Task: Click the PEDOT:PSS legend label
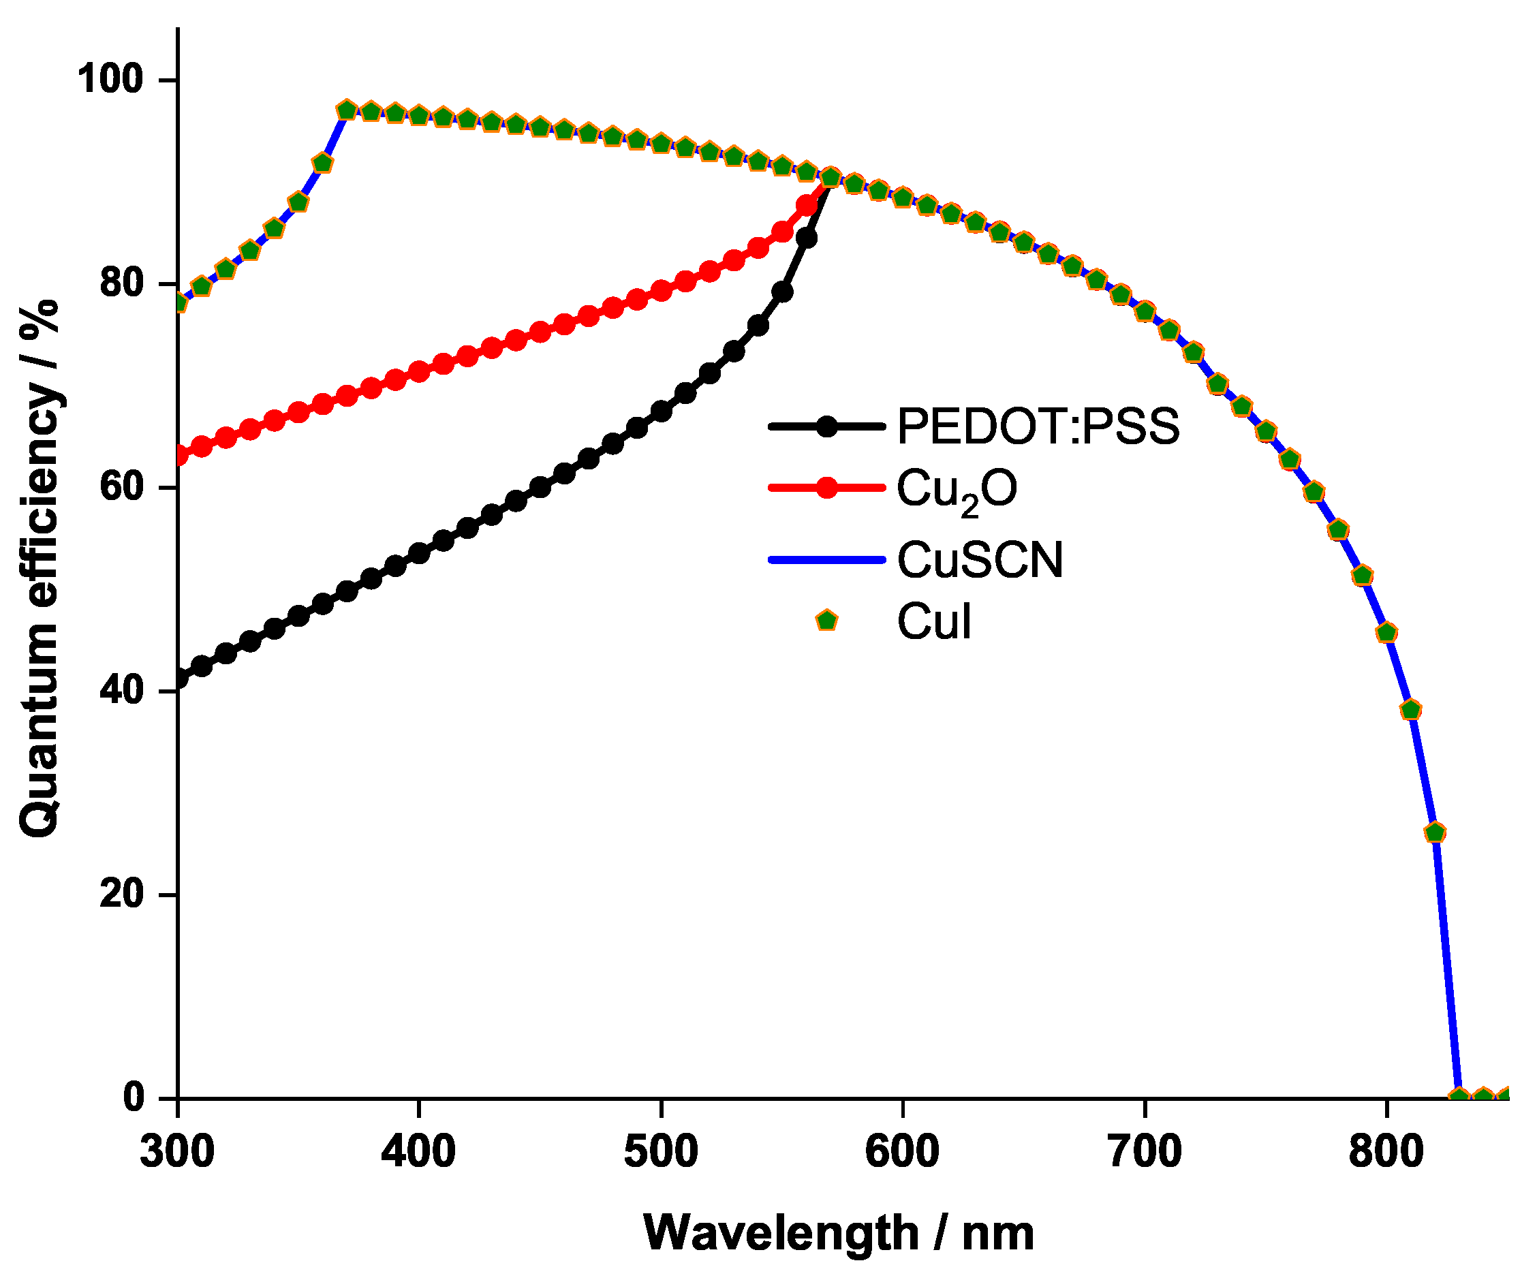1038,426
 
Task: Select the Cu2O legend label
956,490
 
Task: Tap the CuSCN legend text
979,561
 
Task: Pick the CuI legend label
934,623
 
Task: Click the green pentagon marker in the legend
826,621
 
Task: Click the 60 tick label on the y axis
121,487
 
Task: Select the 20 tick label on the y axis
121,894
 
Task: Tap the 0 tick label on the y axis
134,1097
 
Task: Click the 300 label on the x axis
177,1151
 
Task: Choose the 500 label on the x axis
661,1151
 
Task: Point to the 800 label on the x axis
1386,1151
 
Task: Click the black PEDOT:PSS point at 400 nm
418,553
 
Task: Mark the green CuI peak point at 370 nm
347,110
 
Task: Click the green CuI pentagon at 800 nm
1386,632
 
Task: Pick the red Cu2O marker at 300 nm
178,456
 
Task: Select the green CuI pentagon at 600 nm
903,198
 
